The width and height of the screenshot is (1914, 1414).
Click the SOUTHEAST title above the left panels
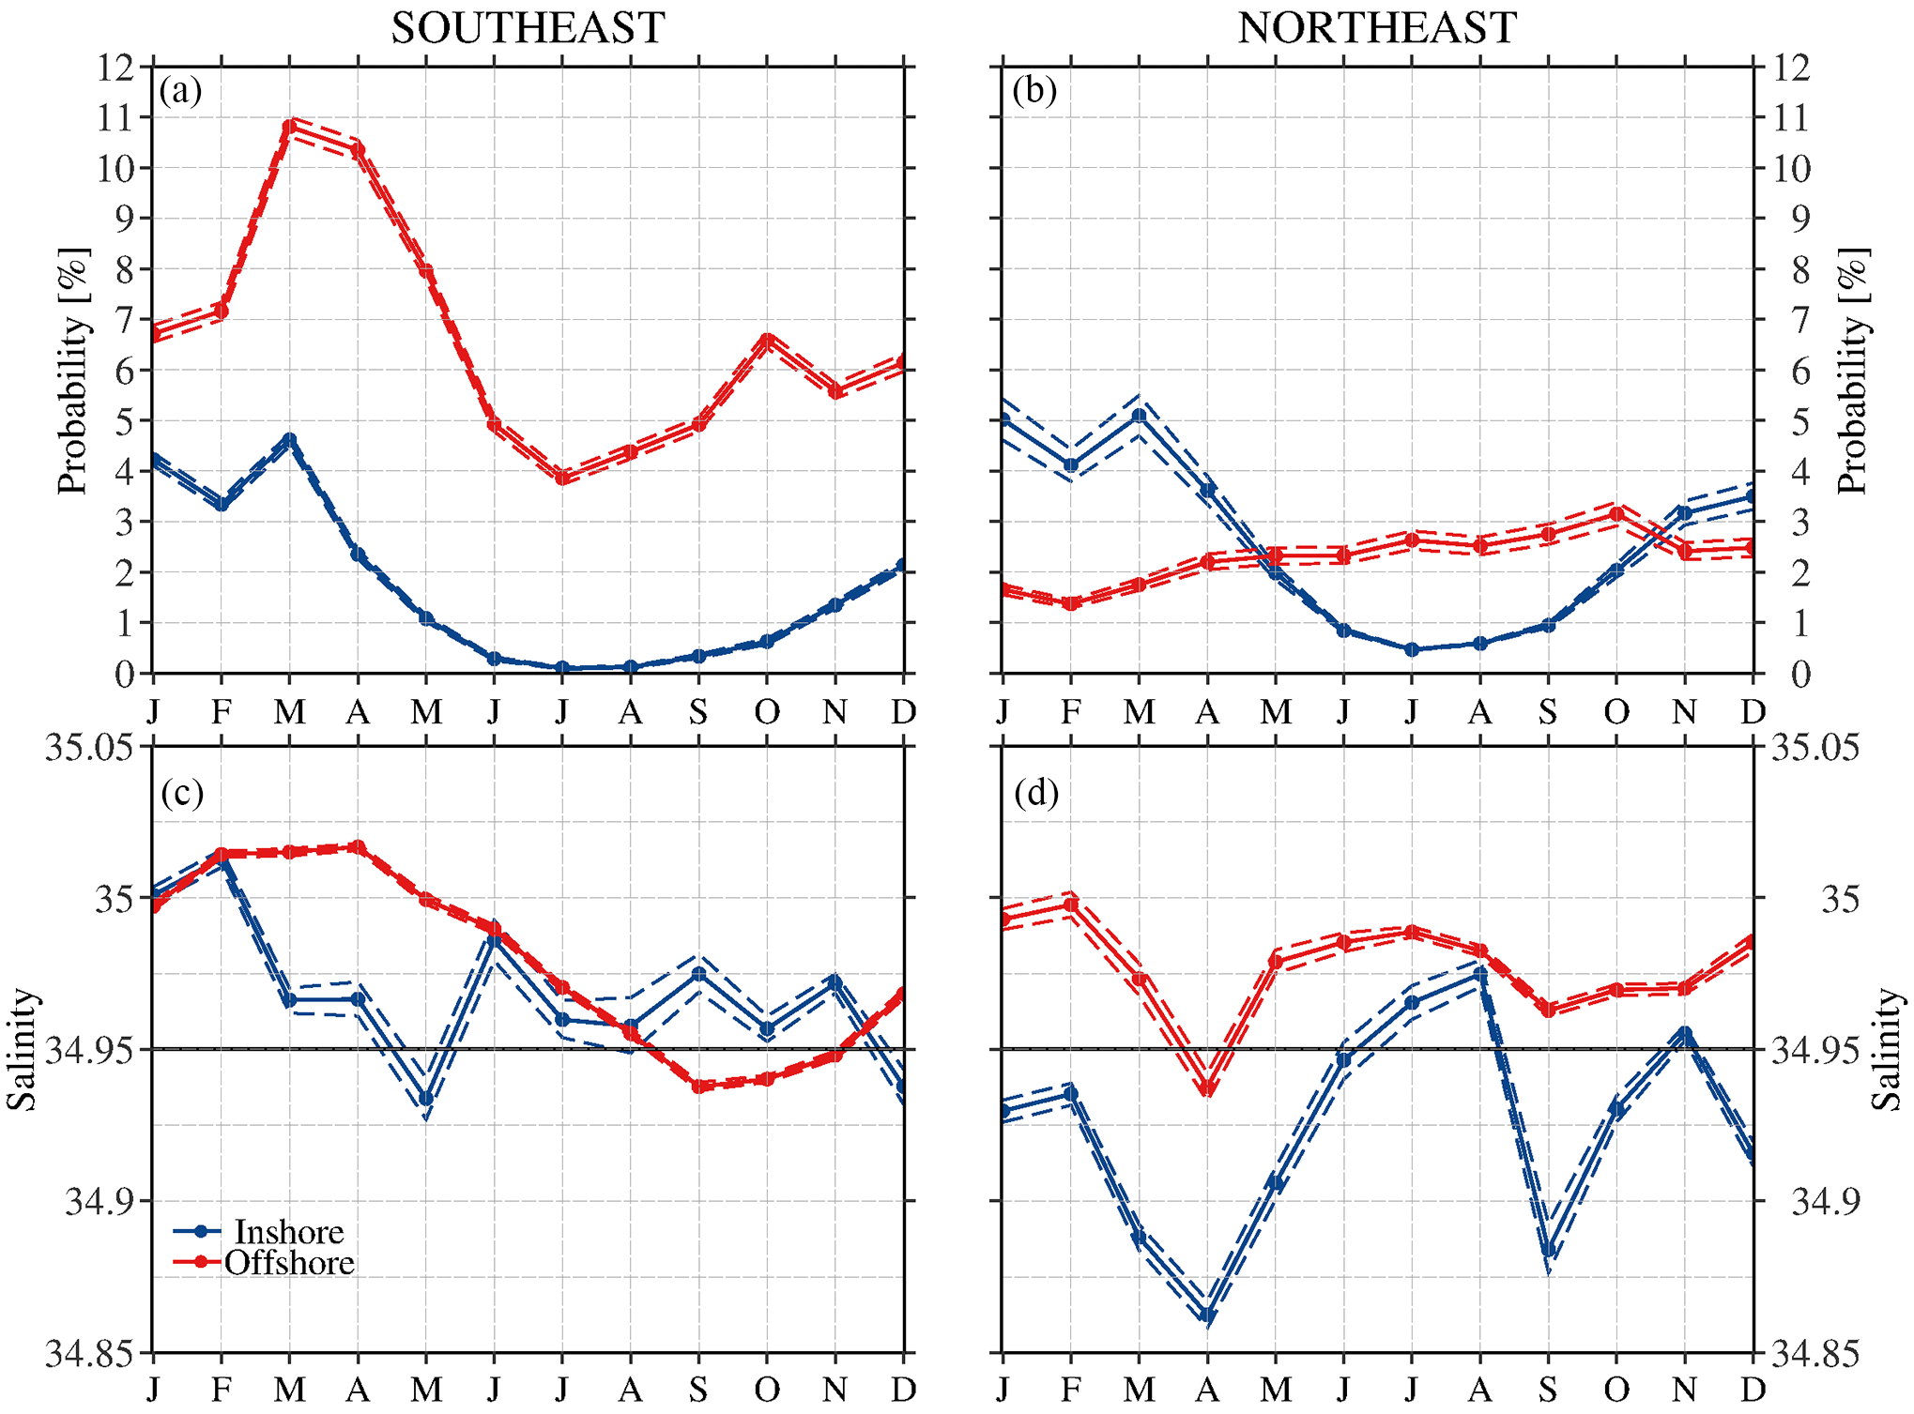pyautogui.click(x=528, y=28)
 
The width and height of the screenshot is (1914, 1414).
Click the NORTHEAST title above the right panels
pyautogui.click(x=1377, y=28)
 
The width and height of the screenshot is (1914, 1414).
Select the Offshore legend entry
pyautogui.click(x=288, y=1263)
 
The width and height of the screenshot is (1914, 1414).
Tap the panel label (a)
pyautogui.click(x=180, y=91)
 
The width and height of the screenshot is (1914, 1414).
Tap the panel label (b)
pyautogui.click(x=1034, y=91)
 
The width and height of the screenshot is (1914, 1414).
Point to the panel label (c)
pyautogui.click(x=181, y=794)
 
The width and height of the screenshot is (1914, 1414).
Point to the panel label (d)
pyautogui.click(x=1036, y=794)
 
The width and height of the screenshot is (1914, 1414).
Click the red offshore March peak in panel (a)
pyautogui.click(x=289, y=126)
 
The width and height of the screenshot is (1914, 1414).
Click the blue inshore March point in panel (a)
pyautogui.click(x=289, y=440)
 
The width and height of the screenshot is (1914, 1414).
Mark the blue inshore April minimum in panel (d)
pyautogui.click(x=1207, y=1315)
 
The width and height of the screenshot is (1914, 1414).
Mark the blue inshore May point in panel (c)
pyautogui.click(x=426, y=1098)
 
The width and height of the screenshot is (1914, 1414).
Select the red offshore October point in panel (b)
pyautogui.click(x=1616, y=514)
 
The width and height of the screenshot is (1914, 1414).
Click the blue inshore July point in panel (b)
pyautogui.click(x=1412, y=649)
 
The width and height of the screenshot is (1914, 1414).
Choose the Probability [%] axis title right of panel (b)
pyautogui.click(x=1853, y=371)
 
